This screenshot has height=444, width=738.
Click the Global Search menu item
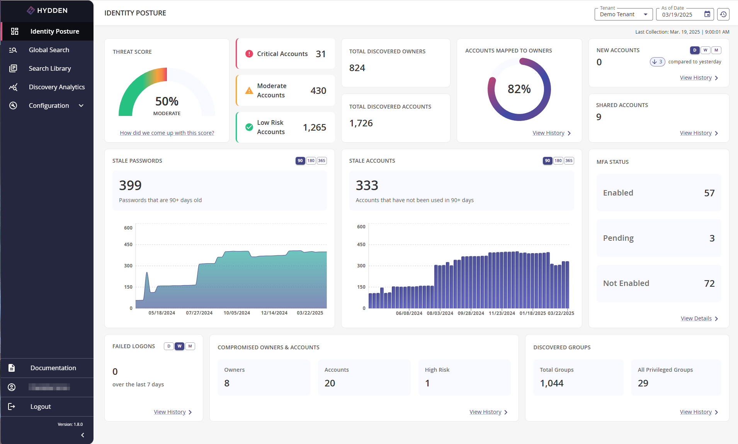click(49, 50)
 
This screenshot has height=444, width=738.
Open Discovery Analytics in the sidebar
click(56, 87)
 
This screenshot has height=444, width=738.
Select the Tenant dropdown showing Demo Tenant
click(623, 14)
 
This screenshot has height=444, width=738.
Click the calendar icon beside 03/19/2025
click(707, 14)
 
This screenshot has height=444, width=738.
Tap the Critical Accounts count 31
click(320, 54)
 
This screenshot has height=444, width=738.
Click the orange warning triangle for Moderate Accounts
click(249, 91)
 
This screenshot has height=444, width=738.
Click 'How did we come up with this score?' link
click(167, 133)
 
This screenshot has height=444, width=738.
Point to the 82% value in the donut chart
click(519, 89)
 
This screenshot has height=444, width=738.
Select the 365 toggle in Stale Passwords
click(321, 161)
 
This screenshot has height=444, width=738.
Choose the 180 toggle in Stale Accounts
click(558, 161)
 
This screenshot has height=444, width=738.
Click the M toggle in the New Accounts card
click(716, 50)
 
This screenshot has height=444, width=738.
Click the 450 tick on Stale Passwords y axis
click(128, 245)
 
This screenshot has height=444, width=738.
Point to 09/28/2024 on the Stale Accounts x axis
click(471, 313)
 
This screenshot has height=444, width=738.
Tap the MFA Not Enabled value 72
click(709, 284)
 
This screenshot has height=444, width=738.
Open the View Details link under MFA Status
click(696, 318)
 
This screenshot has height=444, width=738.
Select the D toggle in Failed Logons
click(169, 346)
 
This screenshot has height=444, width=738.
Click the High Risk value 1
click(427, 383)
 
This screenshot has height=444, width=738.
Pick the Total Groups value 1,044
click(551, 383)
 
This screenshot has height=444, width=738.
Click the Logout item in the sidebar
click(41, 407)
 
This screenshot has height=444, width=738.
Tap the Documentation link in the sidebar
click(53, 368)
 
